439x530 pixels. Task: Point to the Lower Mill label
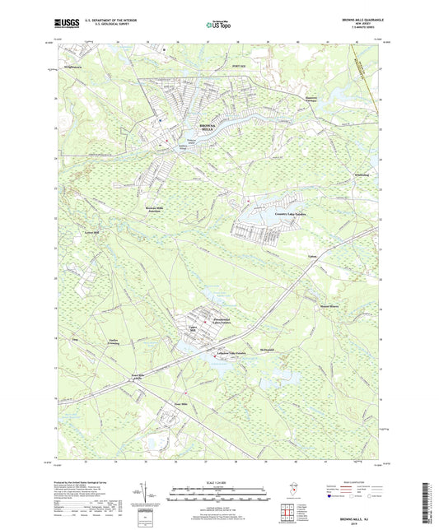pyautogui.click(x=91, y=233)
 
